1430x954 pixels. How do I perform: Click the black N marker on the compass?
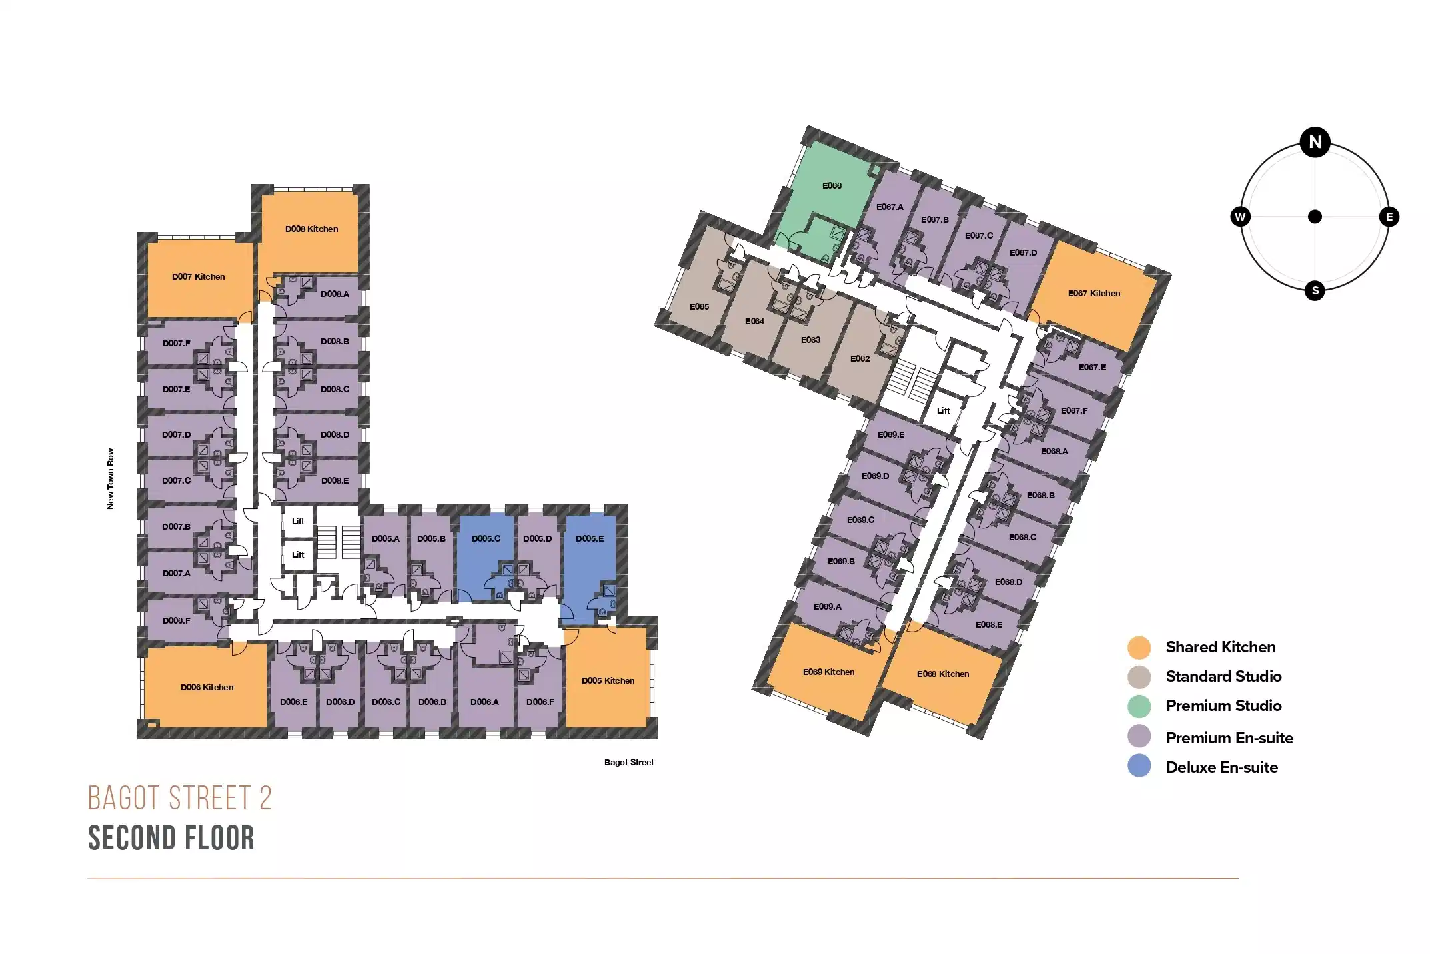coord(1315,142)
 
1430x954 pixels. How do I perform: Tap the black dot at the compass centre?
coord(1315,217)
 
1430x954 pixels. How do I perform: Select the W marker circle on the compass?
coord(1240,217)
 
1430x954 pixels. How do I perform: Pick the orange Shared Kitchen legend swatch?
coord(1139,647)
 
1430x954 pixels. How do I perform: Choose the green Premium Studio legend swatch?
coord(1139,706)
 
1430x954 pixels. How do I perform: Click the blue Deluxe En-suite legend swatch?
coord(1139,766)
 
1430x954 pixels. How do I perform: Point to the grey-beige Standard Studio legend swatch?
coord(1139,677)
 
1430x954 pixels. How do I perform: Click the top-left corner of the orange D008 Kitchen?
coord(261,195)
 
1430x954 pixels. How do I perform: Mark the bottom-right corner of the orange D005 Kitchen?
coord(648,727)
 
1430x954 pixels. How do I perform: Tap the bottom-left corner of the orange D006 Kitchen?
coord(145,727)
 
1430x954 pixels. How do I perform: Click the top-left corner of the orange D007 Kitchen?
coord(147,242)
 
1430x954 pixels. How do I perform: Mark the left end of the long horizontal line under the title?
coord(87,879)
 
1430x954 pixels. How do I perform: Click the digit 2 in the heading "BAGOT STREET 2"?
coord(265,798)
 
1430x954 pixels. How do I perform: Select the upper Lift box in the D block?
coord(298,522)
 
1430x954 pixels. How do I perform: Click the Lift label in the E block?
coord(943,410)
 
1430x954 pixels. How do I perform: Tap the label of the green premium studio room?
coord(832,185)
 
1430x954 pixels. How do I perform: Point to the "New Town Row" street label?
coord(111,478)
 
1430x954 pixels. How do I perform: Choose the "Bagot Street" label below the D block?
coord(629,762)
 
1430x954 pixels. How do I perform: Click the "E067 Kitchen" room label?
coord(1094,293)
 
